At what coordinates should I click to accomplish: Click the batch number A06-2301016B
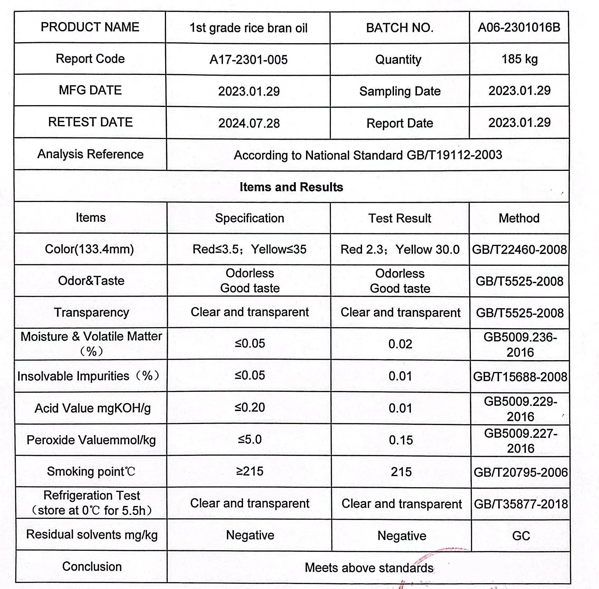click(x=519, y=27)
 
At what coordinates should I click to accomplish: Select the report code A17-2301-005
click(x=248, y=59)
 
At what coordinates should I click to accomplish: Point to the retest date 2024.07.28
click(x=249, y=123)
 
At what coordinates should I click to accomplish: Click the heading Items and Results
click(x=291, y=187)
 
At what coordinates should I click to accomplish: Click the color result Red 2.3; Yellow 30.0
click(x=400, y=250)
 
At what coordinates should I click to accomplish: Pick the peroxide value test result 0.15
click(x=401, y=440)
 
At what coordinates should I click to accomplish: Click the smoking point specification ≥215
click(x=250, y=471)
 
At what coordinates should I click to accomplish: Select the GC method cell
click(x=521, y=536)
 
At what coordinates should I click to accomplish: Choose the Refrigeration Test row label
click(x=92, y=503)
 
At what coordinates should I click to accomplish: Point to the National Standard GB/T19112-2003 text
click(x=368, y=155)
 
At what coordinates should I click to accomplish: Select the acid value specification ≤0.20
click(x=250, y=407)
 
